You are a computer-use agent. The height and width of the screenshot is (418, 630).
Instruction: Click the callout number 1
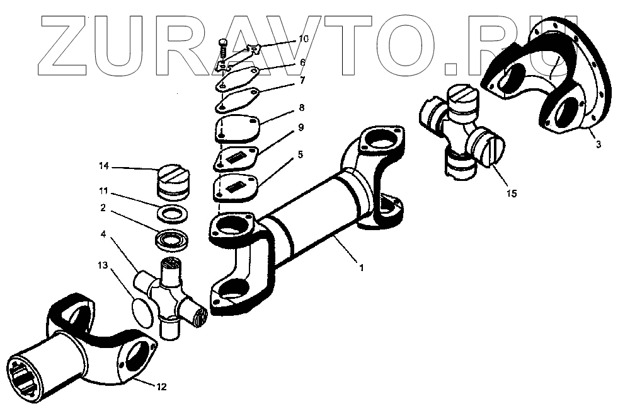361,267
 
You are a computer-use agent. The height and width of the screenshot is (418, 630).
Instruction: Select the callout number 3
598,144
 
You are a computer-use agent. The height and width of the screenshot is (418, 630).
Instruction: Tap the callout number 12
161,386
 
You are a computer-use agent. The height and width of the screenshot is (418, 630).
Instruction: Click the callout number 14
103,166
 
